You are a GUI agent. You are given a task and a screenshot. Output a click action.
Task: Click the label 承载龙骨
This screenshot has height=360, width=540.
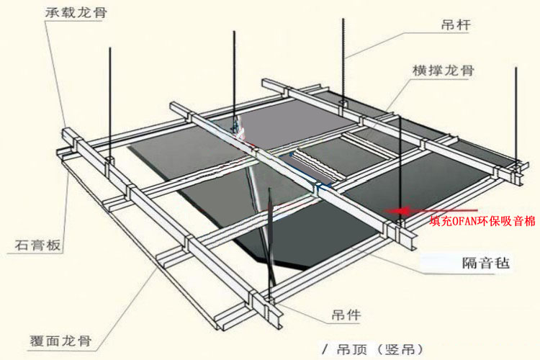coord(76,13)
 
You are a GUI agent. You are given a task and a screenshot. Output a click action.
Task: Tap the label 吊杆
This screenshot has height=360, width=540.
coord(456,24)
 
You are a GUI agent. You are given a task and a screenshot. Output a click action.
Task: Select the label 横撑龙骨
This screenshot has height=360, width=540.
coord(444,71)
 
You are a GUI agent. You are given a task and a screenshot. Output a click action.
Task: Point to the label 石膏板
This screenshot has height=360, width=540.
coord(37,245)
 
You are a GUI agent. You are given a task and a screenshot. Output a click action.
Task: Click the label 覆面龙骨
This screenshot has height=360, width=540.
coord(61,341)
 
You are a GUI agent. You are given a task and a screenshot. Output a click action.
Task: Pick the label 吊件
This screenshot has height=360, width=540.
coord(346,315)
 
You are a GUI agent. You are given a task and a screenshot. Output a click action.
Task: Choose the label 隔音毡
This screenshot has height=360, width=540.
coord(485,264)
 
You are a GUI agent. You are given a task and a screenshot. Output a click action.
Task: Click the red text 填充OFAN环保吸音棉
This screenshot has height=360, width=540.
coord(482,221)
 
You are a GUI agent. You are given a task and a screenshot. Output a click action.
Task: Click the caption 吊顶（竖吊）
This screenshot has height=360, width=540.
coord(379,350)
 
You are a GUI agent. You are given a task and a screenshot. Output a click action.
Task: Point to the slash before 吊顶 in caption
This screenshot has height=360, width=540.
coord(325,350)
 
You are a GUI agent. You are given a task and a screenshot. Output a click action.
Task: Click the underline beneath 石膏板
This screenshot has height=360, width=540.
coord(35,254)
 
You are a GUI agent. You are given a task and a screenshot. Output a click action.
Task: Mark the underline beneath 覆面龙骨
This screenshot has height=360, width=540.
coord(61,351)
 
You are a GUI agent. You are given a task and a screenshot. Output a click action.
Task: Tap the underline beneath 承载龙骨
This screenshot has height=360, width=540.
coord(74,21)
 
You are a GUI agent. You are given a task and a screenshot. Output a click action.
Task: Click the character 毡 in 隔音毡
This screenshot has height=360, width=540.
coord(501,264)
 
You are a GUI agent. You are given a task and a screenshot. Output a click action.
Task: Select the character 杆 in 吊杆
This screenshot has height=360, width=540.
coord(463,24)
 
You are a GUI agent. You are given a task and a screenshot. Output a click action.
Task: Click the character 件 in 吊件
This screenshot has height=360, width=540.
coord(354,315)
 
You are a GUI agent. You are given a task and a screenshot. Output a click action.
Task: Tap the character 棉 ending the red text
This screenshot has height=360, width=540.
coord(530,221)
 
